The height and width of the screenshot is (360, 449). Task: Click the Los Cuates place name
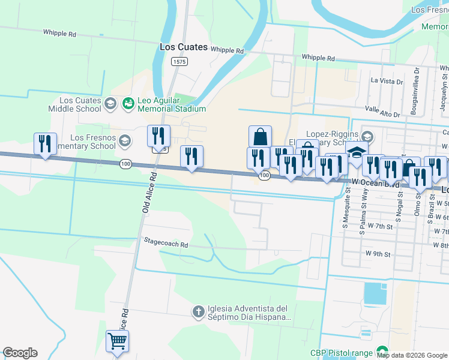pyautogui.click(x=184, y=47)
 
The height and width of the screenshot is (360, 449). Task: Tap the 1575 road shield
pyautogui.click(x=178, y=61)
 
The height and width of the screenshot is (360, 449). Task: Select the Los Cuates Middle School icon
pyautogui.click(x=110, y=104)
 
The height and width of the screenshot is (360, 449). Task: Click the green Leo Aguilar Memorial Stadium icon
pyautogui.click(x=128, y=104)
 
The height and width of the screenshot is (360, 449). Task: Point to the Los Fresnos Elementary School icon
pyautogui.click(x=125, y=142)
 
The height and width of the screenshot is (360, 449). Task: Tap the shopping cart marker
pyautogui.click(x=117, y=341)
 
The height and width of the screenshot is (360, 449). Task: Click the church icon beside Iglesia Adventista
pyautogui.click(x=199, y=311)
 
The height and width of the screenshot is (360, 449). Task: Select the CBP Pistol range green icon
pyautogui.click(x=382, y=351)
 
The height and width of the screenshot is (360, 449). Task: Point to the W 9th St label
pyautogui.click(x=378, y=254)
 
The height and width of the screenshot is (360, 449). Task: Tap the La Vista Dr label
pyautogui.click(x=387, y=80)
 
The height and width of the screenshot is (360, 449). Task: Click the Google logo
pyautogui.click(x=20, y=353)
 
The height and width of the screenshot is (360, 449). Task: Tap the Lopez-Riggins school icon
pyautogui.click(x=367, y=137)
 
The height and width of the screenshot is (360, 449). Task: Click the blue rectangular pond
pyautogui.click(x=376, y=293)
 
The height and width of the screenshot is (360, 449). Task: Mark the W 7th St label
pyautogui.click(x=379, y=227)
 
